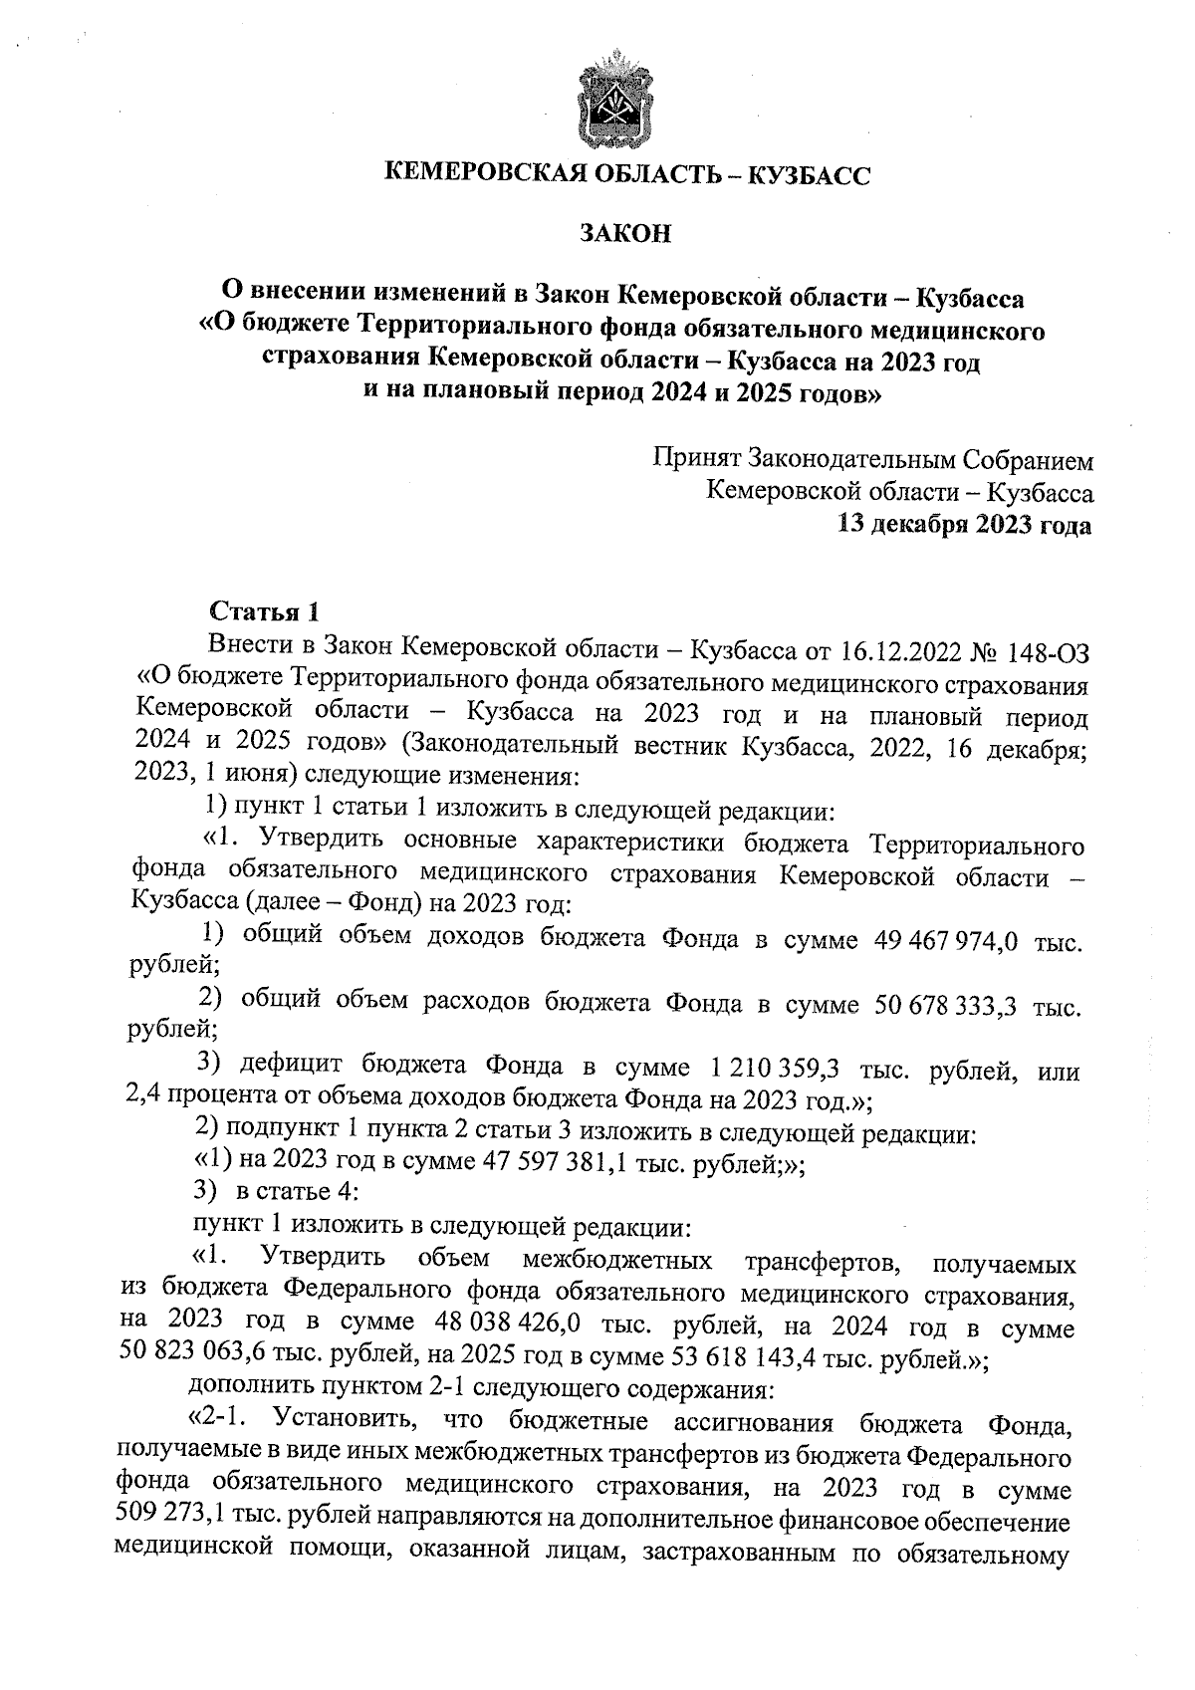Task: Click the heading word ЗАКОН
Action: (x=625, y=234)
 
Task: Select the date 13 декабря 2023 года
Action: (x=965, y=525)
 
